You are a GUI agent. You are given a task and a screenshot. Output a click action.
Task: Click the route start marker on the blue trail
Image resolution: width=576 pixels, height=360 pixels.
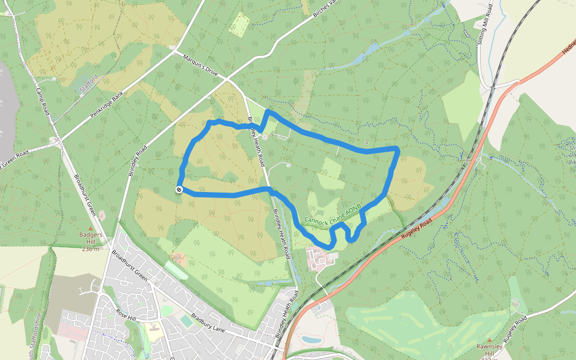click(x=179, y=190)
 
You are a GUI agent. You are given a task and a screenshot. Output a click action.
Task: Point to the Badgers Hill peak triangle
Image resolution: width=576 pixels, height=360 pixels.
click(x=91, y=229)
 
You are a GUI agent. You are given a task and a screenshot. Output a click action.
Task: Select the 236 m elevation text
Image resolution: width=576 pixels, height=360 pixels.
click(x=91, y=248)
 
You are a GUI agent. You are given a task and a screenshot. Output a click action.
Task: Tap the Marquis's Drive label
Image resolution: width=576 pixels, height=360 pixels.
click(x=201, y=65)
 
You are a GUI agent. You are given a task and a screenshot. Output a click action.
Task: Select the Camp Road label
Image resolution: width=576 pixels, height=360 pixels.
click(x=42, y=102)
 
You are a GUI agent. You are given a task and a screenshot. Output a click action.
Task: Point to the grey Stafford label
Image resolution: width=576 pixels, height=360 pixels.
click(x=89, y=84)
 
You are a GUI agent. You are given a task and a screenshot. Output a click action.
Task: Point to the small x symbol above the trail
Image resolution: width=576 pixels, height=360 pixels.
click(x=367, y=143)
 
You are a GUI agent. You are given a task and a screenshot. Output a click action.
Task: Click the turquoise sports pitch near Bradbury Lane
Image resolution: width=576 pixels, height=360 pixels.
click(x=187, y=322)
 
